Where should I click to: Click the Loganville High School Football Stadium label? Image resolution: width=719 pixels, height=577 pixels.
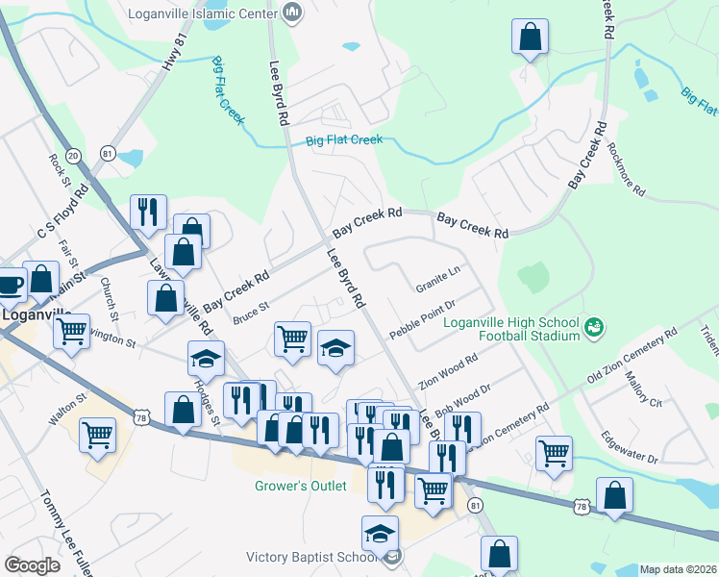pyautogui.click(x=511, y=329)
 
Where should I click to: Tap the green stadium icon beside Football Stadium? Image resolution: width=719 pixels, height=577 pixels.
pyautogui.click(x=595, y=328)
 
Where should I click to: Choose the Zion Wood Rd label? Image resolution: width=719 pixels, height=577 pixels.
pyautogui.click(x=448, y=373)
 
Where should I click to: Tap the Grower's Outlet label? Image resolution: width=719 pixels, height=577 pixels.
pyautogui.click(x=300, y=486)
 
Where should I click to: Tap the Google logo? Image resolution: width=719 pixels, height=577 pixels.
pyautogui.click(x=32, y=565)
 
